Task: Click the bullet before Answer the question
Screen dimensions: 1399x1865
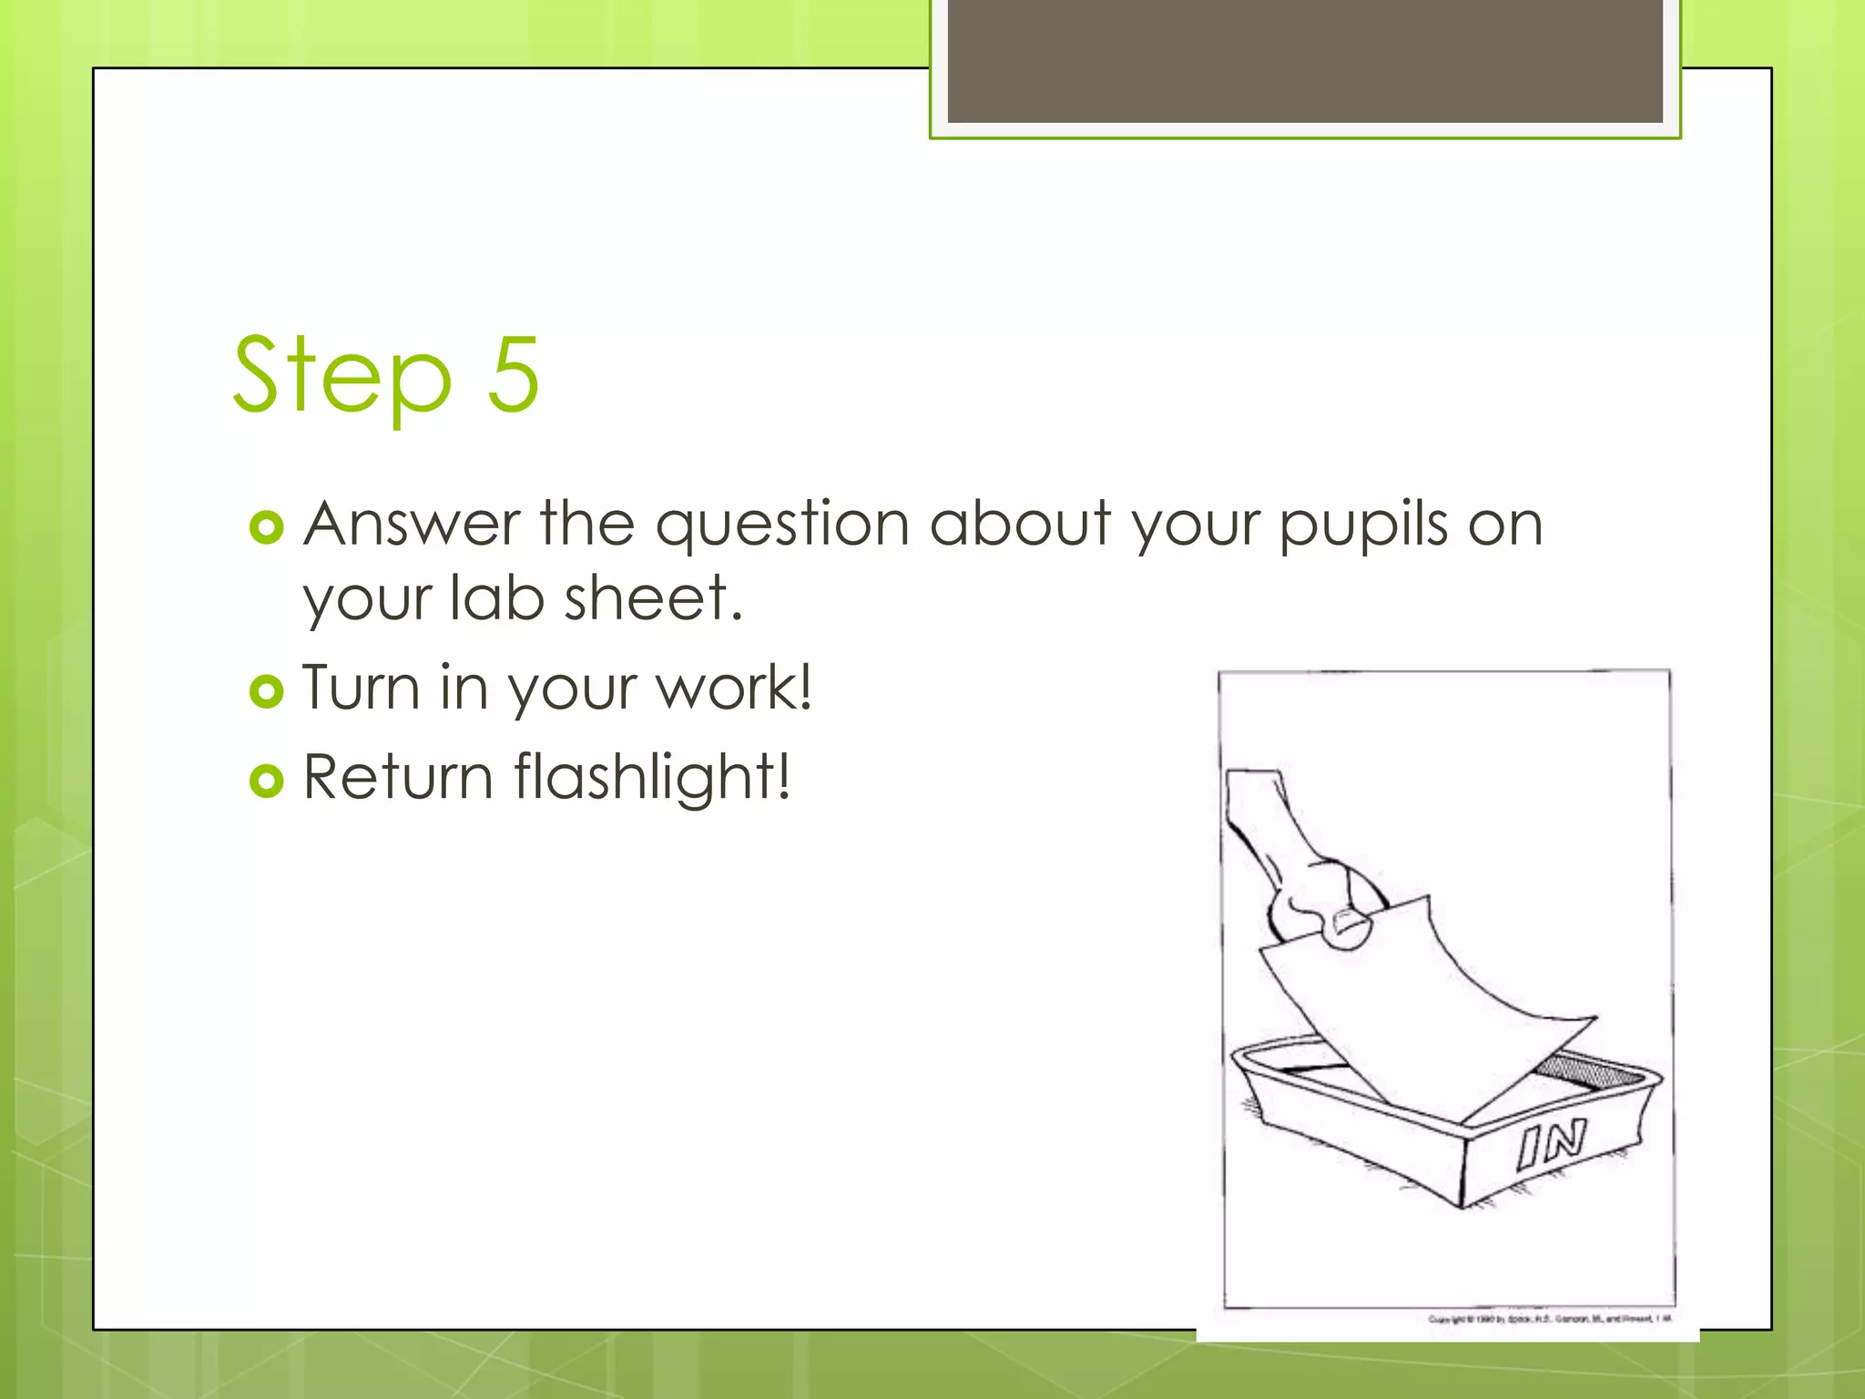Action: (266, 527)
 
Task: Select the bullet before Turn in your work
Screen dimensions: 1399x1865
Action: (266, 691)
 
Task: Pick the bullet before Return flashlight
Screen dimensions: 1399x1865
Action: (266, 781)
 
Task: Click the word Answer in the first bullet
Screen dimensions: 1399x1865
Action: (411, 526)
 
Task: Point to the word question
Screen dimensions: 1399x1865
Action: (782, 527)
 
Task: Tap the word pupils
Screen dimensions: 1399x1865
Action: (1363, 527)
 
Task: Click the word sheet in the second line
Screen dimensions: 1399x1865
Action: (653, 599)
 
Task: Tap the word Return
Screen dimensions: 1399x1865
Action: (398, 777)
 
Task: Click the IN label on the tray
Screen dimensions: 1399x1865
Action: (1552, 1144)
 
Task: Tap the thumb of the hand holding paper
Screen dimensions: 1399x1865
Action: (1348, 929)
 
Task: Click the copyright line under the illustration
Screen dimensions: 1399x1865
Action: (1549, 1319)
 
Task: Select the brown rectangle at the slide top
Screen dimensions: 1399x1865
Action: (1304, 60)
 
